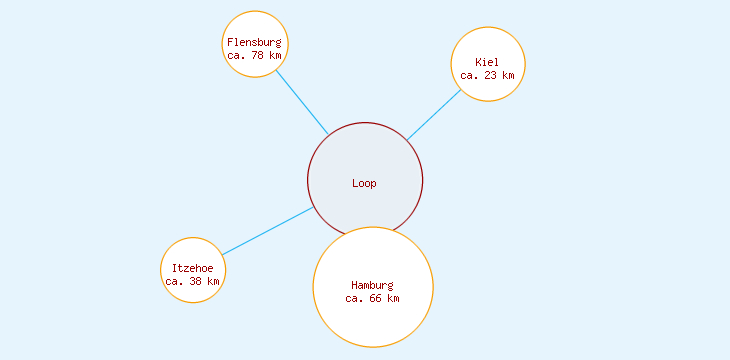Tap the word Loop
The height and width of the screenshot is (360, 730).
[364, 183]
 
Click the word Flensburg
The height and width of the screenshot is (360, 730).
[255, 42]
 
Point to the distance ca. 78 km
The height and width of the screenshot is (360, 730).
[255, 55]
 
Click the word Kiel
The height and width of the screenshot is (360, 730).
[487, 62]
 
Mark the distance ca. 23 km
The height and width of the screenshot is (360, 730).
[487, 75]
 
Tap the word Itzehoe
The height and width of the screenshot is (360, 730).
[193, 267]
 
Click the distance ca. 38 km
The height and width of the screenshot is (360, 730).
[193, 281]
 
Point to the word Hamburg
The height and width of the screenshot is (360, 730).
[372, 285]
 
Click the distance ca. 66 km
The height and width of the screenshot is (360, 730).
[372, 298]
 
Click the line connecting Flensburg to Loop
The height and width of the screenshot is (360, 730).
[302, 102]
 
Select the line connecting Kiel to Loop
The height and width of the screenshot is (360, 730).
[434, 115]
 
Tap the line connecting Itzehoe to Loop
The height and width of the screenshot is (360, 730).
[268, 231]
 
